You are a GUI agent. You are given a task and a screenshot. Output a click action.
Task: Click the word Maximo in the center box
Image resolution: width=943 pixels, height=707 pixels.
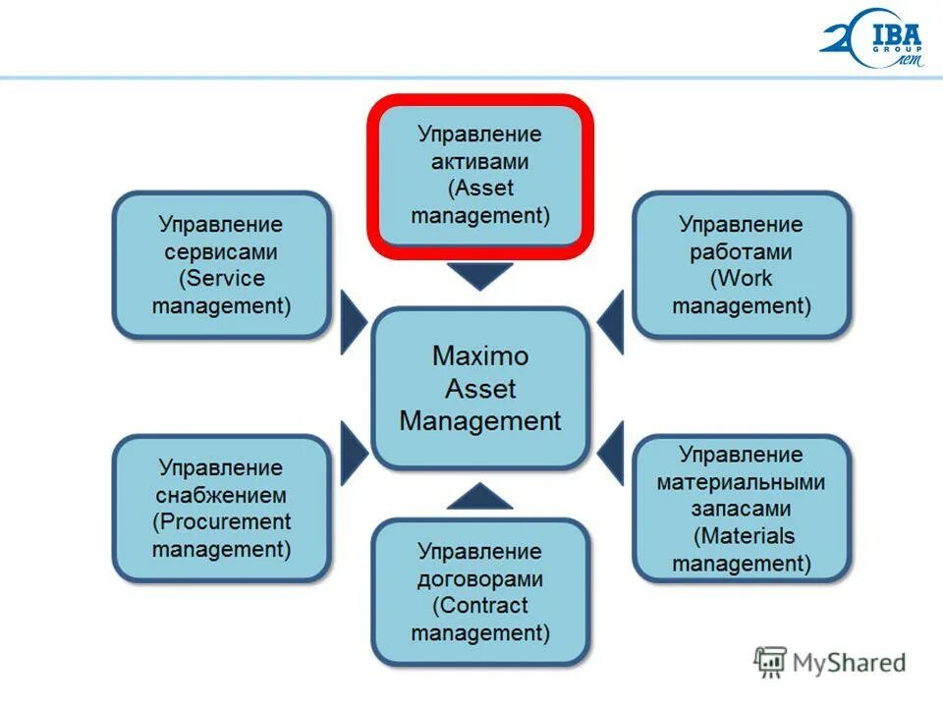coord(480,354)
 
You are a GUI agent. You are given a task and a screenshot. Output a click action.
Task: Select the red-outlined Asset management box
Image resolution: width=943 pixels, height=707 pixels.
coord(480,174)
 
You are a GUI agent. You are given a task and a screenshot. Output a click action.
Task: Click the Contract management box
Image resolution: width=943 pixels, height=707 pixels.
coord(480,592)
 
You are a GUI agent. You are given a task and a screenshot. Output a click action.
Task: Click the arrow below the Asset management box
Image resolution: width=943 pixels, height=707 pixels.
coord(480,276)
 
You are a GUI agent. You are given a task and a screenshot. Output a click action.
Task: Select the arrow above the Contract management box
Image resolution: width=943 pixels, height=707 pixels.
coord(480,497)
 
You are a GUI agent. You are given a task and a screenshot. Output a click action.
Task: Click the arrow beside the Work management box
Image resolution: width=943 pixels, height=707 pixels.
coord(611,321)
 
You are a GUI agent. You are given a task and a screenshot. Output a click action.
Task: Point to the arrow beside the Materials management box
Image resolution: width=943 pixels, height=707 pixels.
coord(611,453)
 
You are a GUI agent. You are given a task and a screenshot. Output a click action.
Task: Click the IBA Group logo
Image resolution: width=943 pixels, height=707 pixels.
coord(871,41)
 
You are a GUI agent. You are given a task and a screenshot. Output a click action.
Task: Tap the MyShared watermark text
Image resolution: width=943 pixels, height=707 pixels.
coord(849,664)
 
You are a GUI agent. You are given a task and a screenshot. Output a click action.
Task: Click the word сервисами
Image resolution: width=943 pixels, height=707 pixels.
coord(221,251)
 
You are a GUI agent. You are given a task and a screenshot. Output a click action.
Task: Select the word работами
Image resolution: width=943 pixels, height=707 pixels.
coord(741,251)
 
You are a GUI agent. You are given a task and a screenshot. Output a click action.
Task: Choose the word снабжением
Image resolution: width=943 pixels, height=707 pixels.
coord(221,495)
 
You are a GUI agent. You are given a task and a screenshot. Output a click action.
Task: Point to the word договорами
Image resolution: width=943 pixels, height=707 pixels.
coord(480,579)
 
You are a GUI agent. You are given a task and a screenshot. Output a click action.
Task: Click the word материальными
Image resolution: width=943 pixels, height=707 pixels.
coord(741,482)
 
